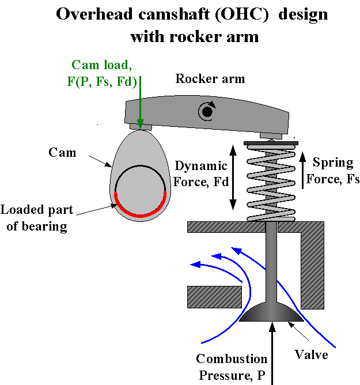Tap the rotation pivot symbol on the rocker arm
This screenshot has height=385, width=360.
(206, 112)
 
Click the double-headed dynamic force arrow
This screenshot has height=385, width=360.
(233, 177)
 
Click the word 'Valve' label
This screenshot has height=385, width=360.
(312, 354)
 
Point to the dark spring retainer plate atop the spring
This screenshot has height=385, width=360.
(270, 142)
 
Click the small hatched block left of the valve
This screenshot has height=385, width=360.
(214, 297)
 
